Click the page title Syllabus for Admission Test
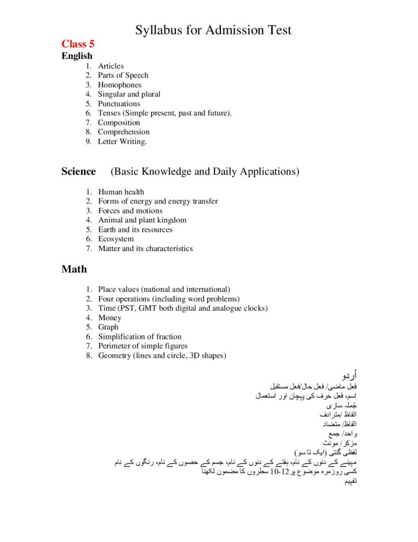point(213,30)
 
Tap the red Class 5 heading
point(78,44)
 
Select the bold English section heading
point(77,56)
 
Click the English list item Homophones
point(119,85)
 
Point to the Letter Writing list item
point(122,141)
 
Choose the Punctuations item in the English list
point(119,104)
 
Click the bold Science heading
point(79,171)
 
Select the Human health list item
point(121,192)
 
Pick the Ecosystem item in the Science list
point(116,239)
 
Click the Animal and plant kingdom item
point(142,220)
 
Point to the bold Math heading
point(74,269)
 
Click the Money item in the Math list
point(109,318)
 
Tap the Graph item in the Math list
point(108,327)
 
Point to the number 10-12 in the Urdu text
point(278,472)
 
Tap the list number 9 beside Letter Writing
point(88,141)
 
